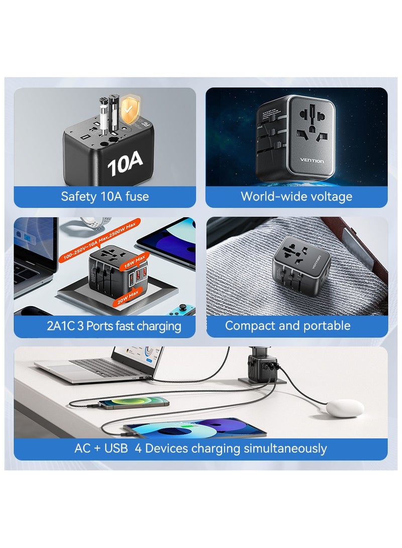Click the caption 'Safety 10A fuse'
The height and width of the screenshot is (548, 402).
[105, 197]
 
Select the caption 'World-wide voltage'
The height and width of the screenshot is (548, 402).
[296, 197]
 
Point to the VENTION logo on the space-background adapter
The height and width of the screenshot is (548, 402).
[313, 161]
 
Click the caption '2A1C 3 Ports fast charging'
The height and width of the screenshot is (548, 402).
[114, 326]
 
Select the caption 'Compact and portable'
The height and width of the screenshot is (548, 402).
[287, 326]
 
